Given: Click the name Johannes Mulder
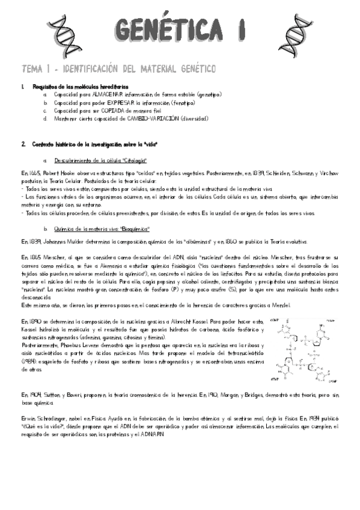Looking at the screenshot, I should coord(55,242).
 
